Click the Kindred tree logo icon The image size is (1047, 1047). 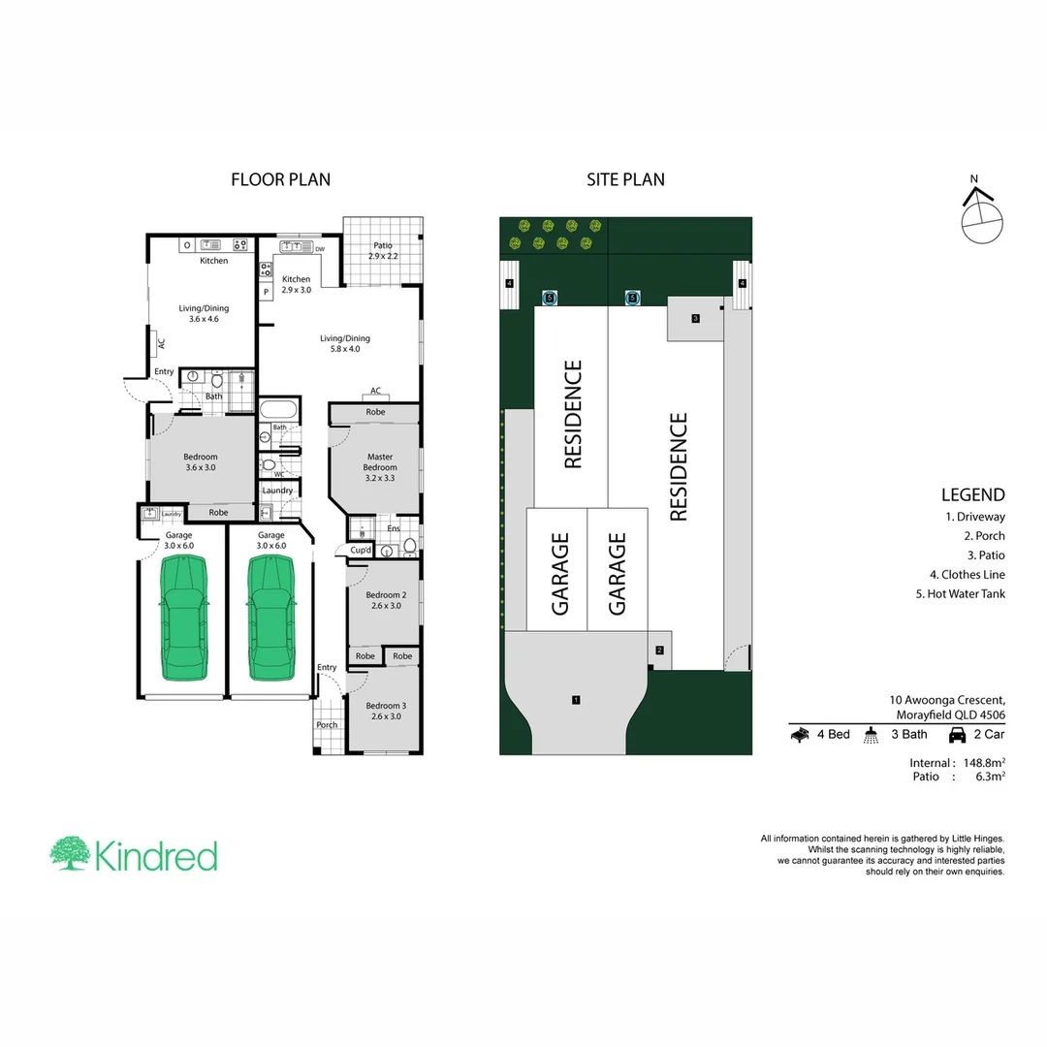(x=70, y=854)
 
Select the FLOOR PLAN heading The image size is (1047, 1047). (x=280, y=179)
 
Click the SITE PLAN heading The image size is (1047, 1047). (x=625, y=179)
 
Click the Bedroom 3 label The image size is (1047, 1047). (x=385, y=711)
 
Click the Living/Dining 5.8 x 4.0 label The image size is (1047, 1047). (x=345, y=343)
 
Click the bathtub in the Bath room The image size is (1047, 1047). (x=279, y=408)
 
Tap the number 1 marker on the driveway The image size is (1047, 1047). (x=576, y=699)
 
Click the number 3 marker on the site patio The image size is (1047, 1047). (x=696, y=318)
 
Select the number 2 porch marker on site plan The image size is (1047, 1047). (x=659, y=650)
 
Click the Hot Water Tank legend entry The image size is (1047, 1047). (x=960, y=594)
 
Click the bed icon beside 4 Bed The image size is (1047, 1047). (x=800, y=735)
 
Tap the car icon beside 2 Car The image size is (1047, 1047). (x=957, y=735)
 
